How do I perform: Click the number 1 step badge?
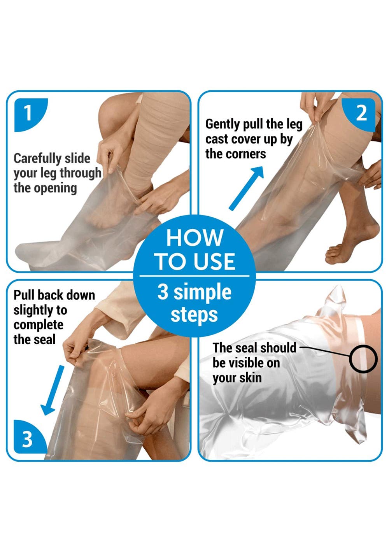pos(29,114)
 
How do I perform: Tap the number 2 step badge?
pos(360,114)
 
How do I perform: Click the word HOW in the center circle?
pos(194,237)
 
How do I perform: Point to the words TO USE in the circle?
pos(194,261)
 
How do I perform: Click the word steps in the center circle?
pos(194,315)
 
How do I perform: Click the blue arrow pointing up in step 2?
pos(246,188)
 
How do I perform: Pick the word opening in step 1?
pos(55,189)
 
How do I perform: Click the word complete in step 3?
pos(39,325)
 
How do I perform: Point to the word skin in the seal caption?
pos(251,378)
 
